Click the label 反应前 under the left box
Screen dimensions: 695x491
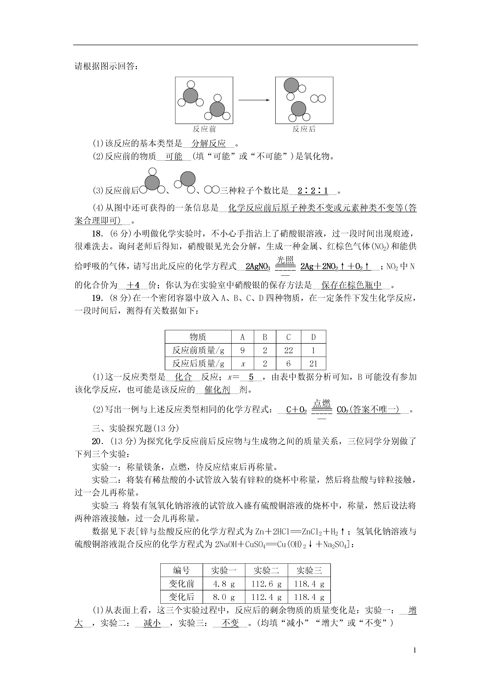204,129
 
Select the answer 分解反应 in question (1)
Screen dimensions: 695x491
209,143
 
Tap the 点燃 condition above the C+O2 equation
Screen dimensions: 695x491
322,403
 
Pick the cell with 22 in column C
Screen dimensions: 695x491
288,350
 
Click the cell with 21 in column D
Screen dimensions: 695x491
313,364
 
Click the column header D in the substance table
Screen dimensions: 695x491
313,337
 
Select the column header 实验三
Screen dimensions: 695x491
309,571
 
